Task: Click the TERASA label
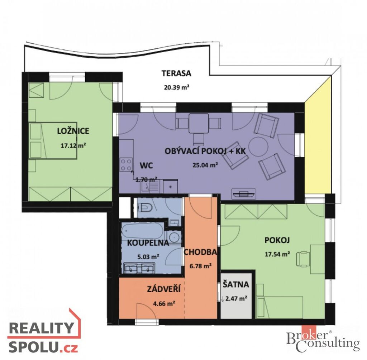point(176,73)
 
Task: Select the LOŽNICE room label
point(73,131)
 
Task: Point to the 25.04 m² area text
point(205,165)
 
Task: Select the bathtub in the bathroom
point(143,230)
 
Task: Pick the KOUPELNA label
point(148,243)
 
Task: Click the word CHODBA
point(200,252)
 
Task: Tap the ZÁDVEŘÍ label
point(163,289)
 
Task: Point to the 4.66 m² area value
point(164,304)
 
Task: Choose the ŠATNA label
point(236,284)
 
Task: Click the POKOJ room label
point(277,240)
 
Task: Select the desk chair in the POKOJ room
point(303,259)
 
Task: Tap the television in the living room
point(244,194)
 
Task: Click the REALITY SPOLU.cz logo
point(44,333)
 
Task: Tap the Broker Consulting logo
point(323,340)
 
